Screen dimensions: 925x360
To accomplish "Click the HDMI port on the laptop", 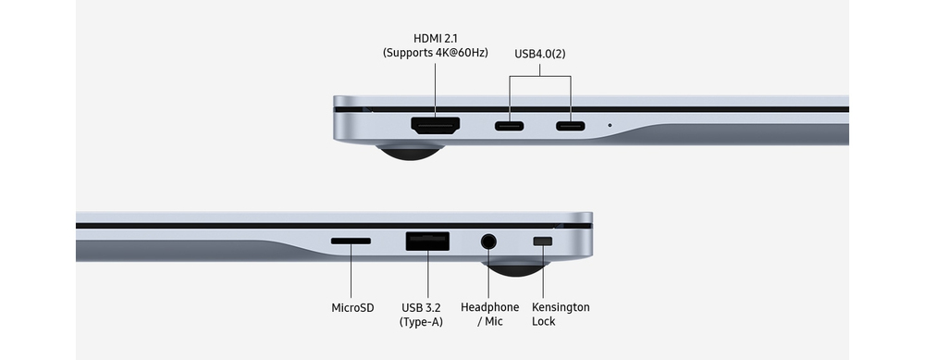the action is [x=436, y=125].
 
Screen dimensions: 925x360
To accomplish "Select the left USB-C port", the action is [x=509, y=126].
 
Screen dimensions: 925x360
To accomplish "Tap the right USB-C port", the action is [x=571, y=126].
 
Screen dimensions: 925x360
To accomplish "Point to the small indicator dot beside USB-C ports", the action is [x=610, y=125].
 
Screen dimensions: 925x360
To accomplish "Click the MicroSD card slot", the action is [x=351, y=241].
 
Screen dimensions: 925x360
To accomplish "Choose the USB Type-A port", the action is [x=427, y=242].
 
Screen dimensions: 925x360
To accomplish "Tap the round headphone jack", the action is [x=488, y=242].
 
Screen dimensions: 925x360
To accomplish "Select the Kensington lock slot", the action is [x=543, y=241].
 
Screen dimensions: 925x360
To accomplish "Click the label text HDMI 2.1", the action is [x=436, y=38].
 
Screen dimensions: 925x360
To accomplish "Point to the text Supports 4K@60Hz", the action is [x=436, y=53].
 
